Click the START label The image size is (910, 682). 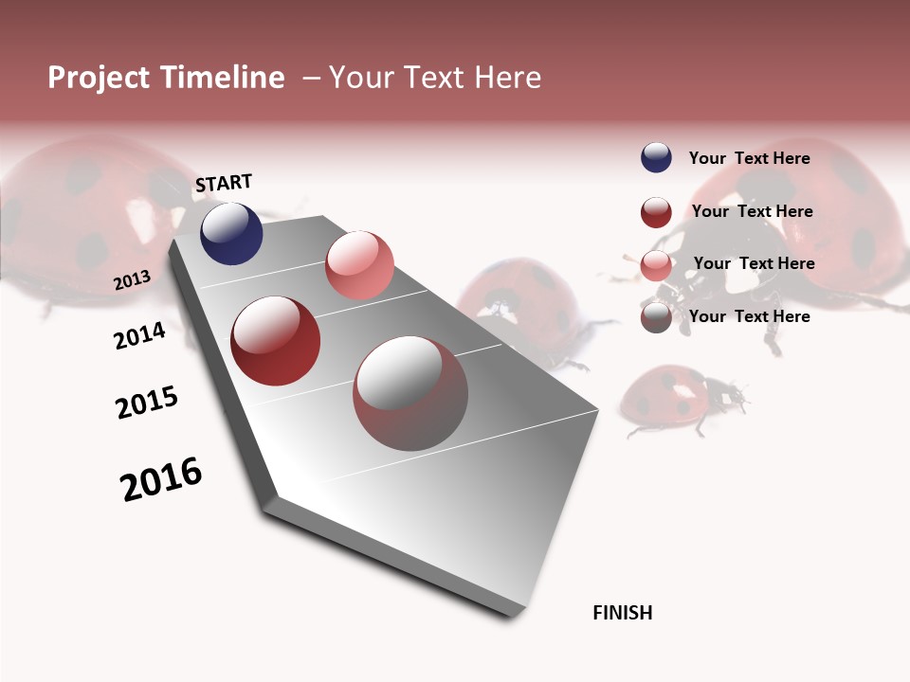(224, 183)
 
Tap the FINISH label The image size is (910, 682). (622, 613)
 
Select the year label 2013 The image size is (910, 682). (132, 280)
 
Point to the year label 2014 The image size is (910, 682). (139, 335)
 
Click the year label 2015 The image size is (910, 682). (147, 403)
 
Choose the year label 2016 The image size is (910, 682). (161, 478)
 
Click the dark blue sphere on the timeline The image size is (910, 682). (231, 233)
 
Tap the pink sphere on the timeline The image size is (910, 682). (359, 265)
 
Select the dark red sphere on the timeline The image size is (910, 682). (276, 341)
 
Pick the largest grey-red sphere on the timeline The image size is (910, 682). (410, 393)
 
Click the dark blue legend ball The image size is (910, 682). (656, 157)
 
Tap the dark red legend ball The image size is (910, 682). (656, 212)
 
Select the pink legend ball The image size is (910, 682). (656, 265)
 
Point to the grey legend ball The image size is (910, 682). (656, 317)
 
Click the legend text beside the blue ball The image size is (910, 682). (749, 158)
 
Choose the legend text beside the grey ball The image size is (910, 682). (749, 316)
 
